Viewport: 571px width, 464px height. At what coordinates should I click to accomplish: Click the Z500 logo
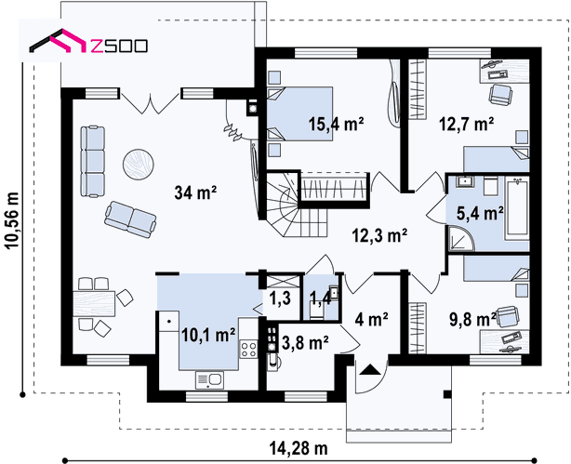(88, 41)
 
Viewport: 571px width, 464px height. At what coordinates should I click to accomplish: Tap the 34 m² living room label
(195, 192)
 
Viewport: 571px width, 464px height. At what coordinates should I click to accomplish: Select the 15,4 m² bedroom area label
(336, 124)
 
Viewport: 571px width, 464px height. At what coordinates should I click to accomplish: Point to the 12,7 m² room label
(467, 124)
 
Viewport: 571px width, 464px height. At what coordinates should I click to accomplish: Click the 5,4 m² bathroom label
(480, 213)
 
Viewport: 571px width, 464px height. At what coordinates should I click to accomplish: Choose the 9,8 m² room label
(472, 320)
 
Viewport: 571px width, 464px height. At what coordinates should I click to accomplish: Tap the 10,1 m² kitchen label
(208, 335)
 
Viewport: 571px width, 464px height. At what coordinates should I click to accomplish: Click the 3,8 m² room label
(305, 342)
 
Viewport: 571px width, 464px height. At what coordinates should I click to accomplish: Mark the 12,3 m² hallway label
(379, 235)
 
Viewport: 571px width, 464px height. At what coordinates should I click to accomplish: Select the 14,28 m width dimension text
(299, 448)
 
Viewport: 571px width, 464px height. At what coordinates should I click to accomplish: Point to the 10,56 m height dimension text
(12, 220)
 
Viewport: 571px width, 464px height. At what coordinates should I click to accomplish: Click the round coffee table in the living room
(139, 164)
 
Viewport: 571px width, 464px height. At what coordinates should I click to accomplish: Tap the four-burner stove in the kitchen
(248, 349)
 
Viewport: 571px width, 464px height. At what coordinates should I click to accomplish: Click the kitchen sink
(209, 380)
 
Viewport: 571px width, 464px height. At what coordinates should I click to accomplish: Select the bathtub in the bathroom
(517, 208)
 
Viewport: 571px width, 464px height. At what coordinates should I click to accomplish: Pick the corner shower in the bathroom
(460, 239)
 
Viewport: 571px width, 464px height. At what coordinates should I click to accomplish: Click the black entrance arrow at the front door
(370, 369)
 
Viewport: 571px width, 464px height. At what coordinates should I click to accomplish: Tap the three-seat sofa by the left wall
(92, 162)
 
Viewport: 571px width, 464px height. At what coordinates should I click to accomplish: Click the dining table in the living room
(94, 304)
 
